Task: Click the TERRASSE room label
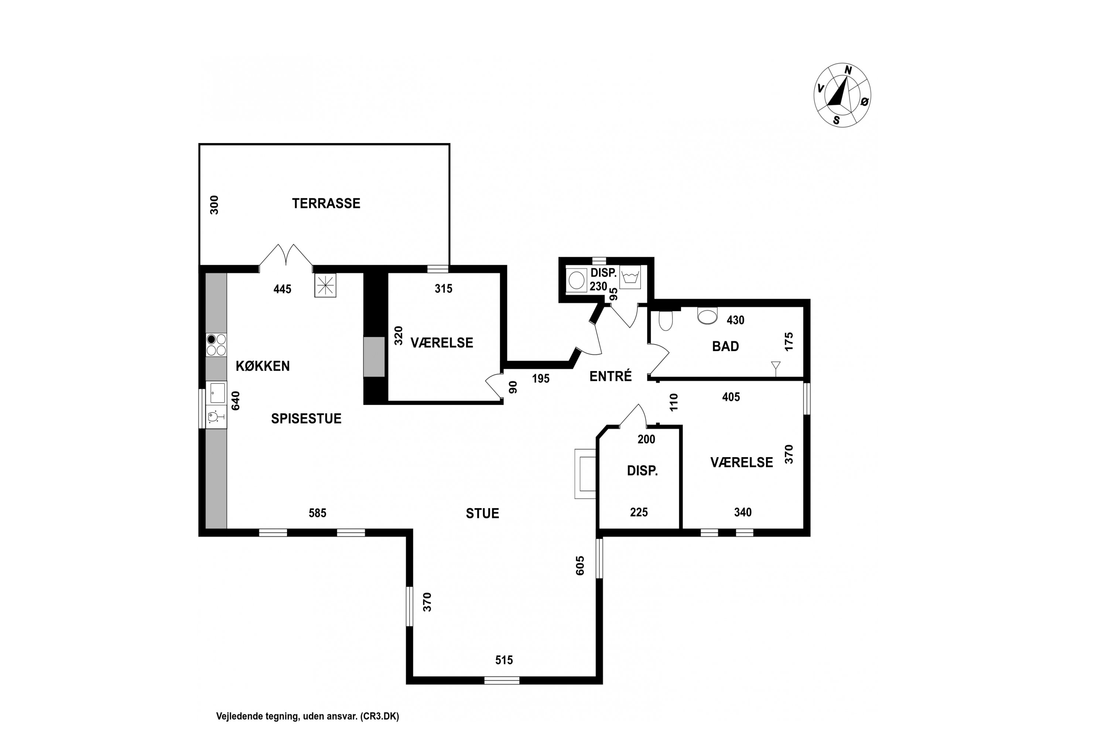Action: click(326, 203)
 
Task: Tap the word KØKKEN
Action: click(262, 366)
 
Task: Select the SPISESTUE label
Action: click(306, 419)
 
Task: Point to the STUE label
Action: click(482, 513)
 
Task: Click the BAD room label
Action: click(725, 347)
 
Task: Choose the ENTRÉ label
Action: click(611, 376)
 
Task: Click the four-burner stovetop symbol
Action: click(216, 344)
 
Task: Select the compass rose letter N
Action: click(848, 70)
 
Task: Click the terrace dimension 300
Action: click(214, 205)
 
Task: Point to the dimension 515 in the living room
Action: click(504, 660)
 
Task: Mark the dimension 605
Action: click(580, 566)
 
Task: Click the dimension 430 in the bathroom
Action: click(735, 320)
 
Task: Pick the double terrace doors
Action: click(286, 257)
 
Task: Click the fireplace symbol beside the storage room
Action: click(585, 474)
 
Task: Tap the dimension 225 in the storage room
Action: click(639, 512)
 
